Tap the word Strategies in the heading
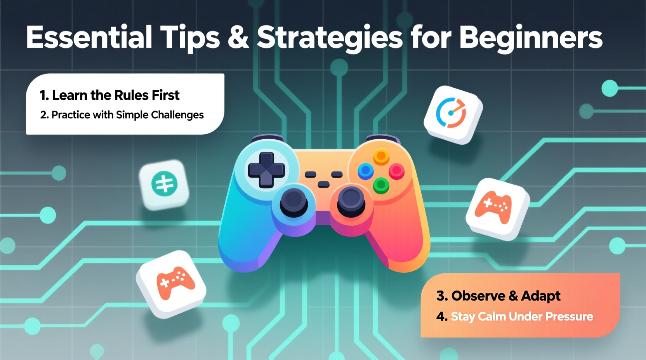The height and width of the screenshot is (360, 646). pos(330,38)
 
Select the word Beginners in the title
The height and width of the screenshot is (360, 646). pos(531,38)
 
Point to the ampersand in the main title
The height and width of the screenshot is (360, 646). pos(238,38)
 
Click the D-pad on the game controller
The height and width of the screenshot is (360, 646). pos(266,170)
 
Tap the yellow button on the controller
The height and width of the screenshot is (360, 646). pos(381,156)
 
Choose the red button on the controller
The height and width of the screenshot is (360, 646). pos(396,171)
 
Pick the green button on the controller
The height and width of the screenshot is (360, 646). pos(381,185)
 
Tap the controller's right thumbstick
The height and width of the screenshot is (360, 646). pos(351,200)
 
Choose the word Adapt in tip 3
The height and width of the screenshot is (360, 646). pos(540,296)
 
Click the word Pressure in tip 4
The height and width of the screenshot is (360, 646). pos(569,317)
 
